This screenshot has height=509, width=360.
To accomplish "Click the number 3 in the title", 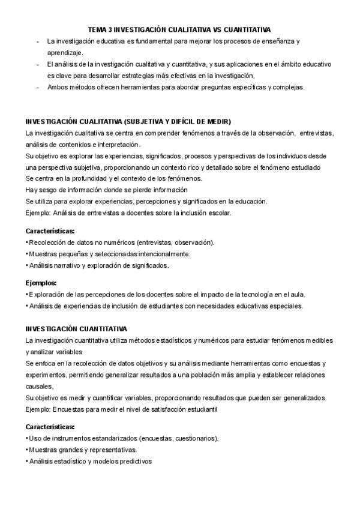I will [x=109, y=29].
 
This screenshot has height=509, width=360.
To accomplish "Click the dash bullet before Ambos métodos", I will [x=38, y=87].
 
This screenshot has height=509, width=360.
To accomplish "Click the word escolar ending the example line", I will [x=219, y=212].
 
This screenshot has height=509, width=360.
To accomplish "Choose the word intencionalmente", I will [x=163, y=254].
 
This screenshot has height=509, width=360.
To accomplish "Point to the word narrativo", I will [x=65, y=265].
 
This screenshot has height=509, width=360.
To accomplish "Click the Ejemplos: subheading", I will [x=41, y=283].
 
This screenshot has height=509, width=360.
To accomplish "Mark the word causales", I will [x=39, y=386].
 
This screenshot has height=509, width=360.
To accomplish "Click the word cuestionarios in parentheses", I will [x=196, y=438].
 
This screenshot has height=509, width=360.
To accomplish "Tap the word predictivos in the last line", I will [x=136, y=462].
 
